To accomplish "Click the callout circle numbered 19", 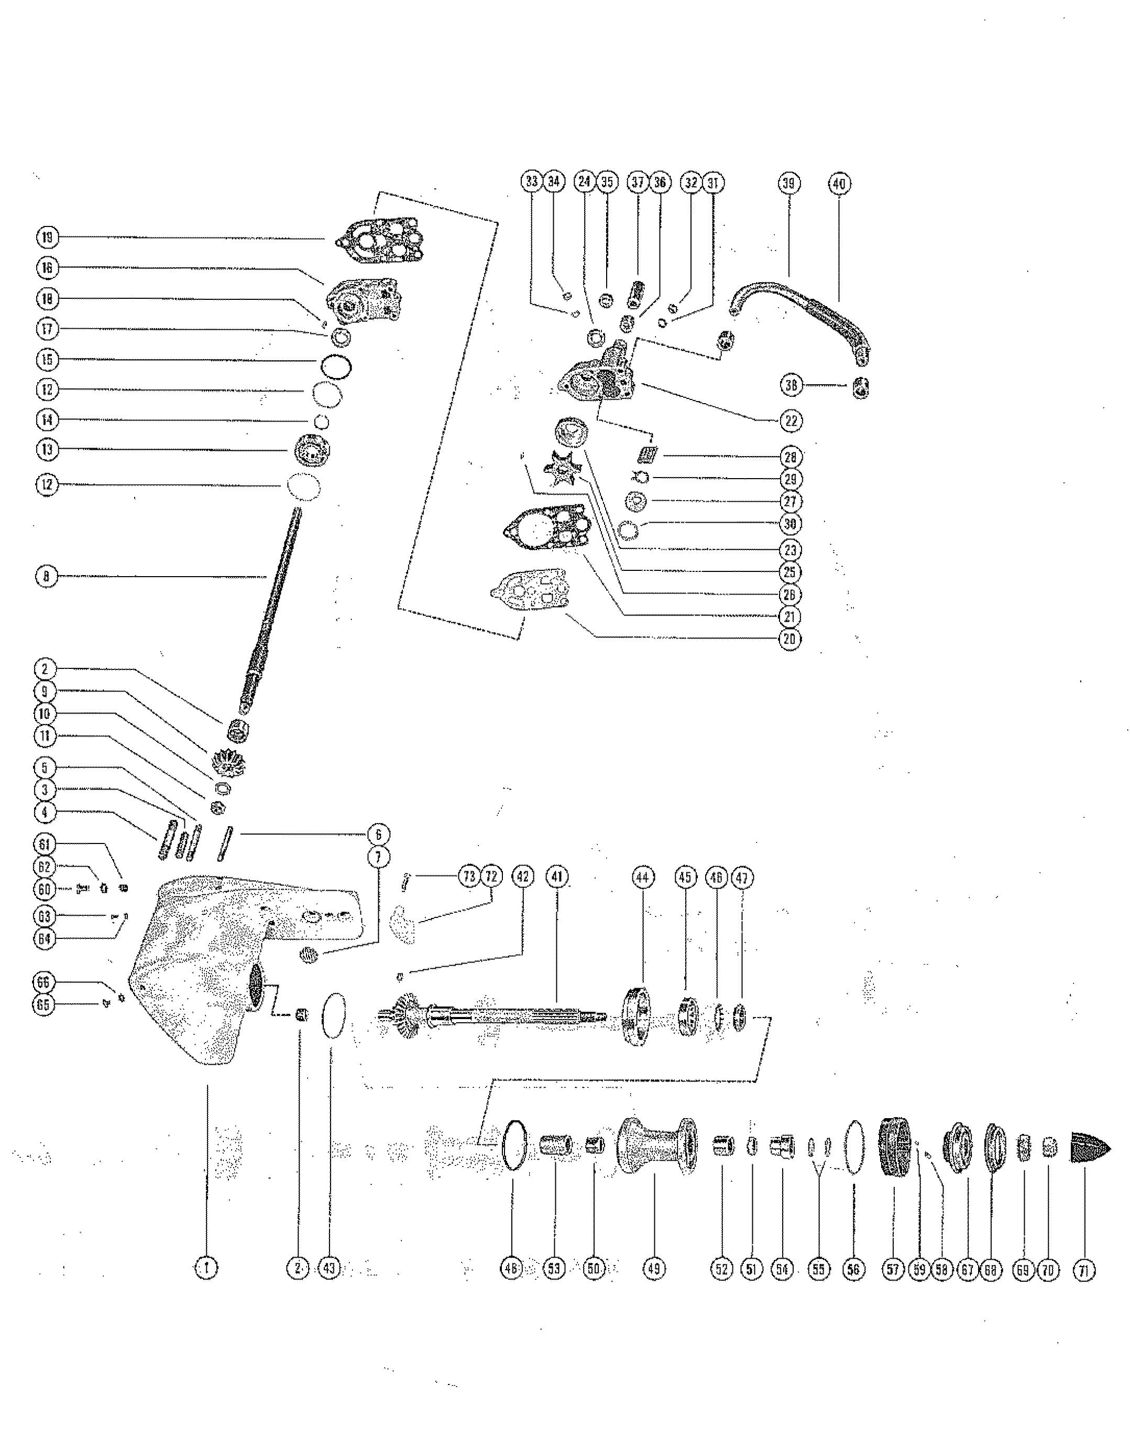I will (46, 237).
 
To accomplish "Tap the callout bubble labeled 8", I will (46, 576).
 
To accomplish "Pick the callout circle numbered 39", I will (788, 183).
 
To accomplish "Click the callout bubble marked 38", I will (791, 385).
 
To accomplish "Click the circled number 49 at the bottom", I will (654, 1268).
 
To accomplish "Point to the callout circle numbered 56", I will (853, 1269).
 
